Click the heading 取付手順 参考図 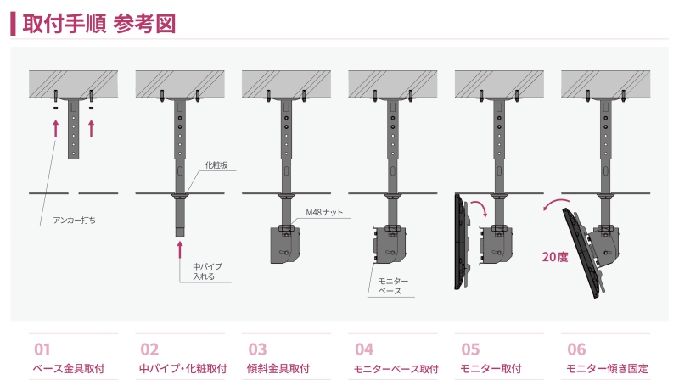[98, 23]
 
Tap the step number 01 [42, 349]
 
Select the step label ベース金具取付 [68, 369]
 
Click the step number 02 [149, 349]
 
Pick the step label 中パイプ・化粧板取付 [182, 369]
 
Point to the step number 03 [257, 349]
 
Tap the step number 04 [364, 349]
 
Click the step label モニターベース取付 [396, 369]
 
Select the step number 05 [470, 349]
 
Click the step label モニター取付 [491, 369]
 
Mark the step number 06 [576, 349]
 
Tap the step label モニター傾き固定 [607, 369]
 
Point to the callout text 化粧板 [215, 165]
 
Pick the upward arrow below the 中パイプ [180, 248]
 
